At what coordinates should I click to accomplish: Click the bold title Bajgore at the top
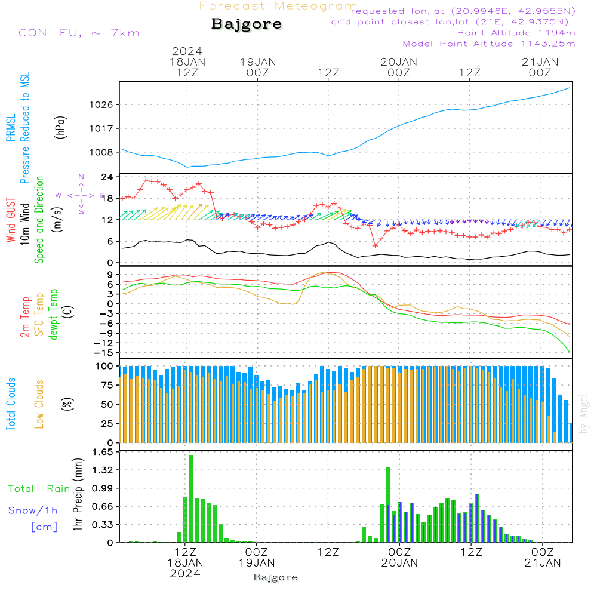point(247,24)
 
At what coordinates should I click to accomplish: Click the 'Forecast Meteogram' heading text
point(278,6)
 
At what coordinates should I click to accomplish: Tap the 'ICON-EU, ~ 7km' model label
point(76,33)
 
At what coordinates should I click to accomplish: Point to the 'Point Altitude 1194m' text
point(516,33)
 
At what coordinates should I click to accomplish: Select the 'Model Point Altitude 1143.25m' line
point(489,44)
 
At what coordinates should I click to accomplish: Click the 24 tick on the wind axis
point(107,177)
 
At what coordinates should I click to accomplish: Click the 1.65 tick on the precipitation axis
point(103,453)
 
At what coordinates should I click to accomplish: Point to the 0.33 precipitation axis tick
point(103,525)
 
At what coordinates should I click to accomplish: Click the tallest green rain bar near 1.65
point(190,498)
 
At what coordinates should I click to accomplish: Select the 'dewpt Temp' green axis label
point(54,315)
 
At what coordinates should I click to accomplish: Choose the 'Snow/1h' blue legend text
point(33,510)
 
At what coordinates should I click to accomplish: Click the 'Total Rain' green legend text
point(39,489)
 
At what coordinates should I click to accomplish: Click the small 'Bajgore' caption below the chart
point(275,577)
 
